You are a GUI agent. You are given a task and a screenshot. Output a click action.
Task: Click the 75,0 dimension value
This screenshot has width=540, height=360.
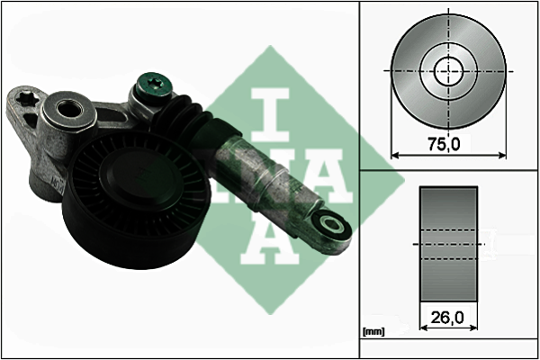[x=444, y=144]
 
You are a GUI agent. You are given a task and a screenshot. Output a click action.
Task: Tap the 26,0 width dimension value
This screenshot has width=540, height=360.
[x=447, y=318]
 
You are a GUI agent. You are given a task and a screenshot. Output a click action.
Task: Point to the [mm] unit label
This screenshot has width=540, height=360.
[x=373, y=332]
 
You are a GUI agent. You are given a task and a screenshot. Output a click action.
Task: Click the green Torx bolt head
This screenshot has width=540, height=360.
[x=154, y=85]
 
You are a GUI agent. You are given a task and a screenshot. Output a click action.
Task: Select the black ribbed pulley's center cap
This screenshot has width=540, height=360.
[x=140, y=181]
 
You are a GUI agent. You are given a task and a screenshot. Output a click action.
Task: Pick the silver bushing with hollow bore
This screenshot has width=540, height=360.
[x=68, y=111]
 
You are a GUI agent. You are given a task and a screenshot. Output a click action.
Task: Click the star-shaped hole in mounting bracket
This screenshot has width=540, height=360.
[x=26, y=97]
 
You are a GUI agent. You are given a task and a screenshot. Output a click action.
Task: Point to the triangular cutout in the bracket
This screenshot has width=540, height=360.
[x=30, y=118]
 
